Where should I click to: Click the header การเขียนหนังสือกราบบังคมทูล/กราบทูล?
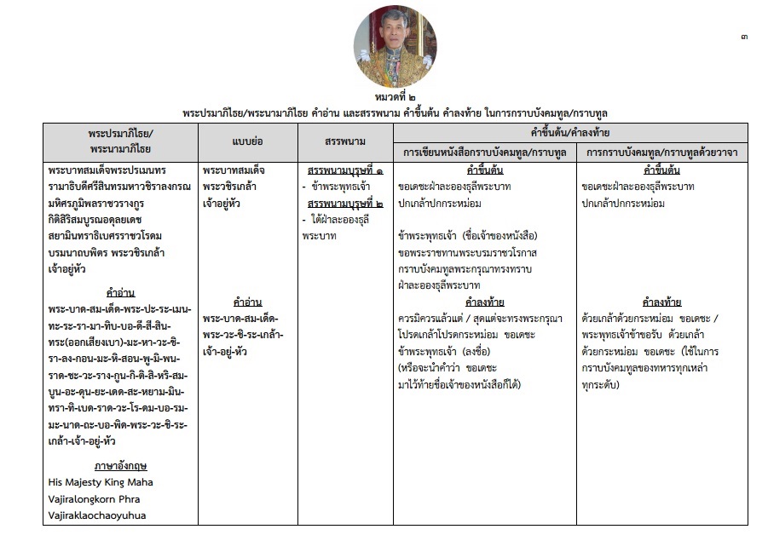pos(483,152)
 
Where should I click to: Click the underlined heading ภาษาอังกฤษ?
pos(118,466)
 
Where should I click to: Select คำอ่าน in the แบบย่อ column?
pos(245,302)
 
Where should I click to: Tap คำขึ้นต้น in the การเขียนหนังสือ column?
pos(483,170)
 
